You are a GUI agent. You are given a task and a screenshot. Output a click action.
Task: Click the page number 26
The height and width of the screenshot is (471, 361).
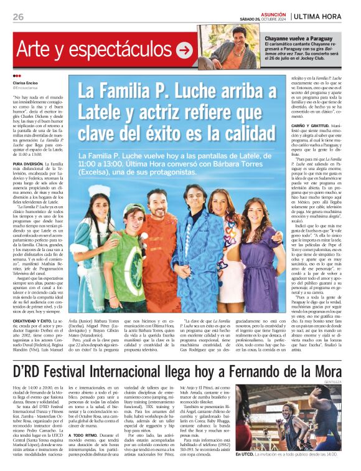tap(18, 17)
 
